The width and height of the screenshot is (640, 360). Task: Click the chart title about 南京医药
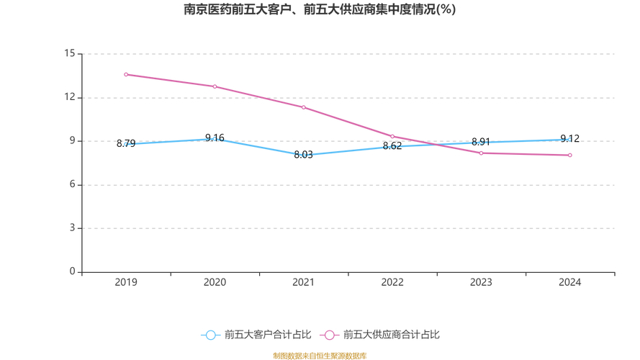[320, 9]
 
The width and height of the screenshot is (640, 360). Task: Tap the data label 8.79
[126, 144]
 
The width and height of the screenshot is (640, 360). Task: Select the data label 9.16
[215, 138]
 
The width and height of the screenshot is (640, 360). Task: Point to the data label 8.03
[303, 155]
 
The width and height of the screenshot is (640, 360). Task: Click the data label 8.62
[392, 146]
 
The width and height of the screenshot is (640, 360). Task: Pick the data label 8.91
[481, 142]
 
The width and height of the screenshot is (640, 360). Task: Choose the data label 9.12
[569, 139]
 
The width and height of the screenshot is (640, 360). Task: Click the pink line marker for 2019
[126, 74]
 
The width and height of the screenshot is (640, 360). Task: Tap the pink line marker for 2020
[215, 86]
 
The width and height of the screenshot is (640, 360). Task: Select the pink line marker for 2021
[303, 107]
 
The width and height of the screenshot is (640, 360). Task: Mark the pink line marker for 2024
[569, 155]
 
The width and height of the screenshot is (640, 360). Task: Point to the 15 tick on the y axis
[69, 53]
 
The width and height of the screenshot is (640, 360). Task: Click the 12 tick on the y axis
[69, 97]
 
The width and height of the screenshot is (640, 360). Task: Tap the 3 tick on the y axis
[72, 228]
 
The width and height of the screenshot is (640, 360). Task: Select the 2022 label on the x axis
[392, 282]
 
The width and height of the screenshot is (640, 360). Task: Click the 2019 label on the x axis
[126, 282]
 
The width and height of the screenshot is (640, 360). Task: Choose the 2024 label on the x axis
[569, 282]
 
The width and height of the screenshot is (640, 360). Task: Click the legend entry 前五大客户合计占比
[256, 335]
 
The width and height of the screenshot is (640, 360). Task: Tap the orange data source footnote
[320, 356]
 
